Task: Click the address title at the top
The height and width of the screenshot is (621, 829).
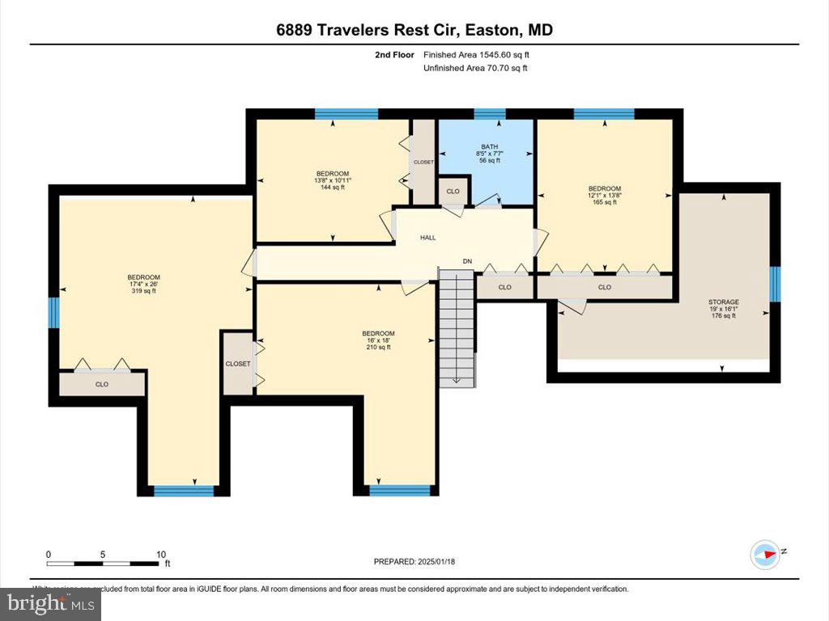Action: click(414, 31)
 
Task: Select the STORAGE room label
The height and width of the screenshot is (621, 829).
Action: click(723, 308)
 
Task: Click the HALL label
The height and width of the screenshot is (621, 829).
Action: click(427, 238)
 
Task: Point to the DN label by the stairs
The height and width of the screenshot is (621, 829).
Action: click(467, 261)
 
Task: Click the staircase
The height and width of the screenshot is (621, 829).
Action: click(456, 327)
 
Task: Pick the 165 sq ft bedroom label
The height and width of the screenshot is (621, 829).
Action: click(605, 195)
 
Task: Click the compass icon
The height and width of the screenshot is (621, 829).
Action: click(765, 553)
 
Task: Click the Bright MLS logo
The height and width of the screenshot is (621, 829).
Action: click(51, 603)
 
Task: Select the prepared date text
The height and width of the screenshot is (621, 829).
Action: click(419, 561)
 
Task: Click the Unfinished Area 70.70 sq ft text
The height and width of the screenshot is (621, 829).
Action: click(475, 68)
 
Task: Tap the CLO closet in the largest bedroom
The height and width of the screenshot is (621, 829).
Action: click(102, 384)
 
